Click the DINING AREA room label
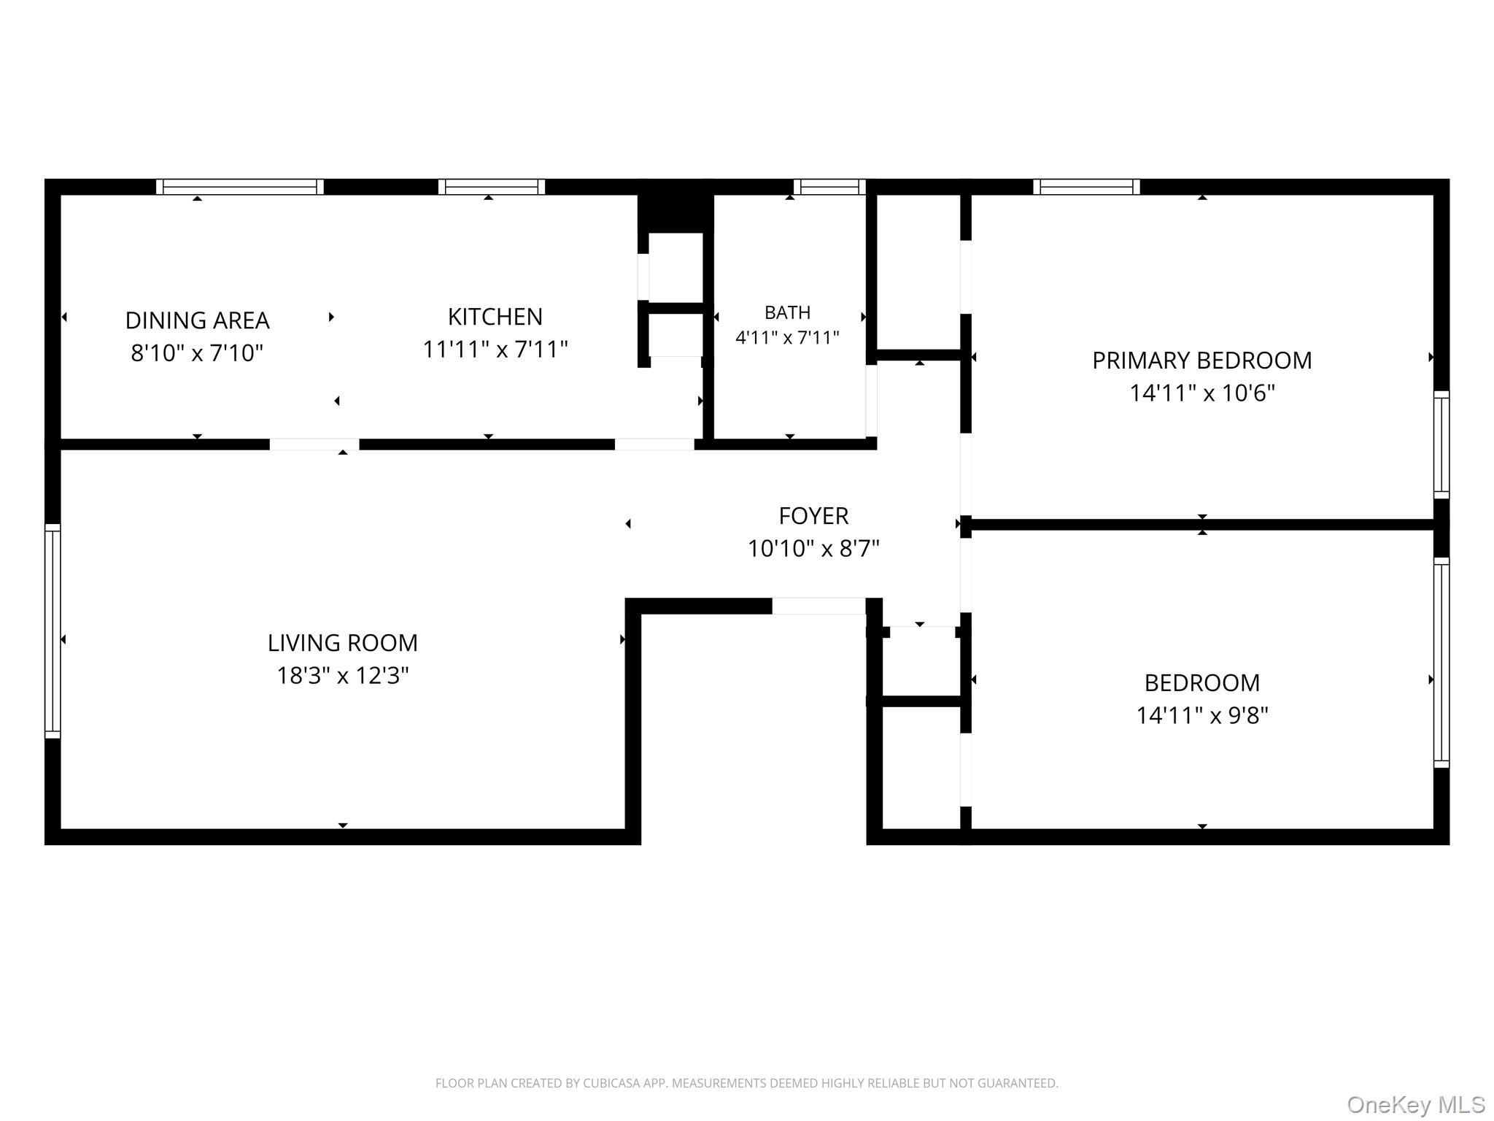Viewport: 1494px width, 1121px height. point(197,320)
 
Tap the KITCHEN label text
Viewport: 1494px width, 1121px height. point(495,317)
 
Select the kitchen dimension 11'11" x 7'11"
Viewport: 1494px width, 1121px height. point(495,350)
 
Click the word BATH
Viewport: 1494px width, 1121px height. point(788,312)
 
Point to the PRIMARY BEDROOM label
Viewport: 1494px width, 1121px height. point(1202,361)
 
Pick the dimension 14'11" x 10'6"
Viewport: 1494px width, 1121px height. point(1202,393)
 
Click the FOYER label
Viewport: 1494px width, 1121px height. point(813,516)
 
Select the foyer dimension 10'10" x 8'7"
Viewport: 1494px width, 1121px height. point(813,548)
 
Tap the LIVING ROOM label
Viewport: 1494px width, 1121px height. point(343,643)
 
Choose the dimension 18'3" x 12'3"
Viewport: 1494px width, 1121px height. point(343,676)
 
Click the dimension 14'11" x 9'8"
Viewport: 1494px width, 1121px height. point(1202,715)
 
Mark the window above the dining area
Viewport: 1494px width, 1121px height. point(240,187)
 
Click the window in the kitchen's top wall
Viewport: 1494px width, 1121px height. point(492,187)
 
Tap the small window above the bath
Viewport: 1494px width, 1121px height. point(829,187)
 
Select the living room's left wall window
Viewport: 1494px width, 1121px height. point(53,631)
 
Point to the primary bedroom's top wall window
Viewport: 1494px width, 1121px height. point(1086,187)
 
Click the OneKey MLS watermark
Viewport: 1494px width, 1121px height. point(1416,1105)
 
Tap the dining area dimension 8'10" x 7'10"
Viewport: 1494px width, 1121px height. point(197,353)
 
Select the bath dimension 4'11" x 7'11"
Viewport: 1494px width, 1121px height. point(788,338)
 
